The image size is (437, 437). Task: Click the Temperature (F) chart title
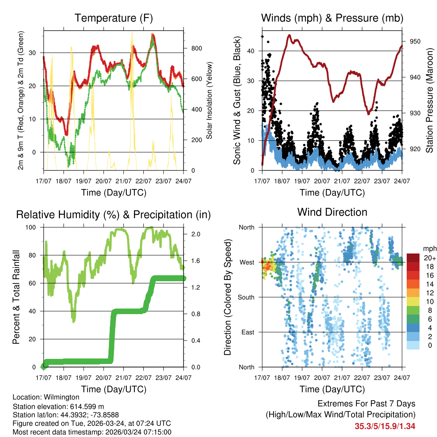tap(114, 18)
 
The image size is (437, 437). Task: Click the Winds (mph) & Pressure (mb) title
tap(332, 18)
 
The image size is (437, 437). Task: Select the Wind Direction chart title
tap(332, 212)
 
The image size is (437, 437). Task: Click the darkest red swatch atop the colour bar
tap(414, 258)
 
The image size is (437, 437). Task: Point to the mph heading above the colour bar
tap(428, 248)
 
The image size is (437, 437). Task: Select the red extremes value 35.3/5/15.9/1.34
tap(385, 426)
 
